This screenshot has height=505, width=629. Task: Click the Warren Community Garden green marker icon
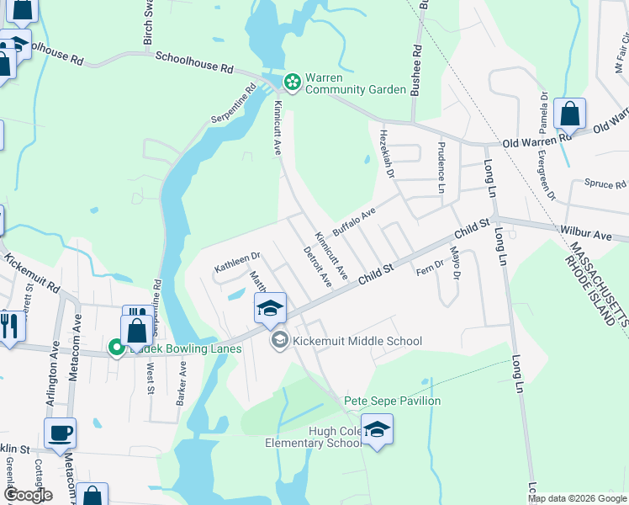point(292,82)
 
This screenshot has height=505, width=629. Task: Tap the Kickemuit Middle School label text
point(357,341)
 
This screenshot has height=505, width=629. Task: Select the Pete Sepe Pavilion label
point(392,401)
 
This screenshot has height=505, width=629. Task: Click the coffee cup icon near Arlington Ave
point(60,433)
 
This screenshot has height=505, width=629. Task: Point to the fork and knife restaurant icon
point(10,324)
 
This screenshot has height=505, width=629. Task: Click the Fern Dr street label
point(429,270)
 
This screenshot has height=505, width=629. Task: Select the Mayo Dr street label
point(456,262)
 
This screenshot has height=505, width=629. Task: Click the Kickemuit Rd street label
point(32,273)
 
